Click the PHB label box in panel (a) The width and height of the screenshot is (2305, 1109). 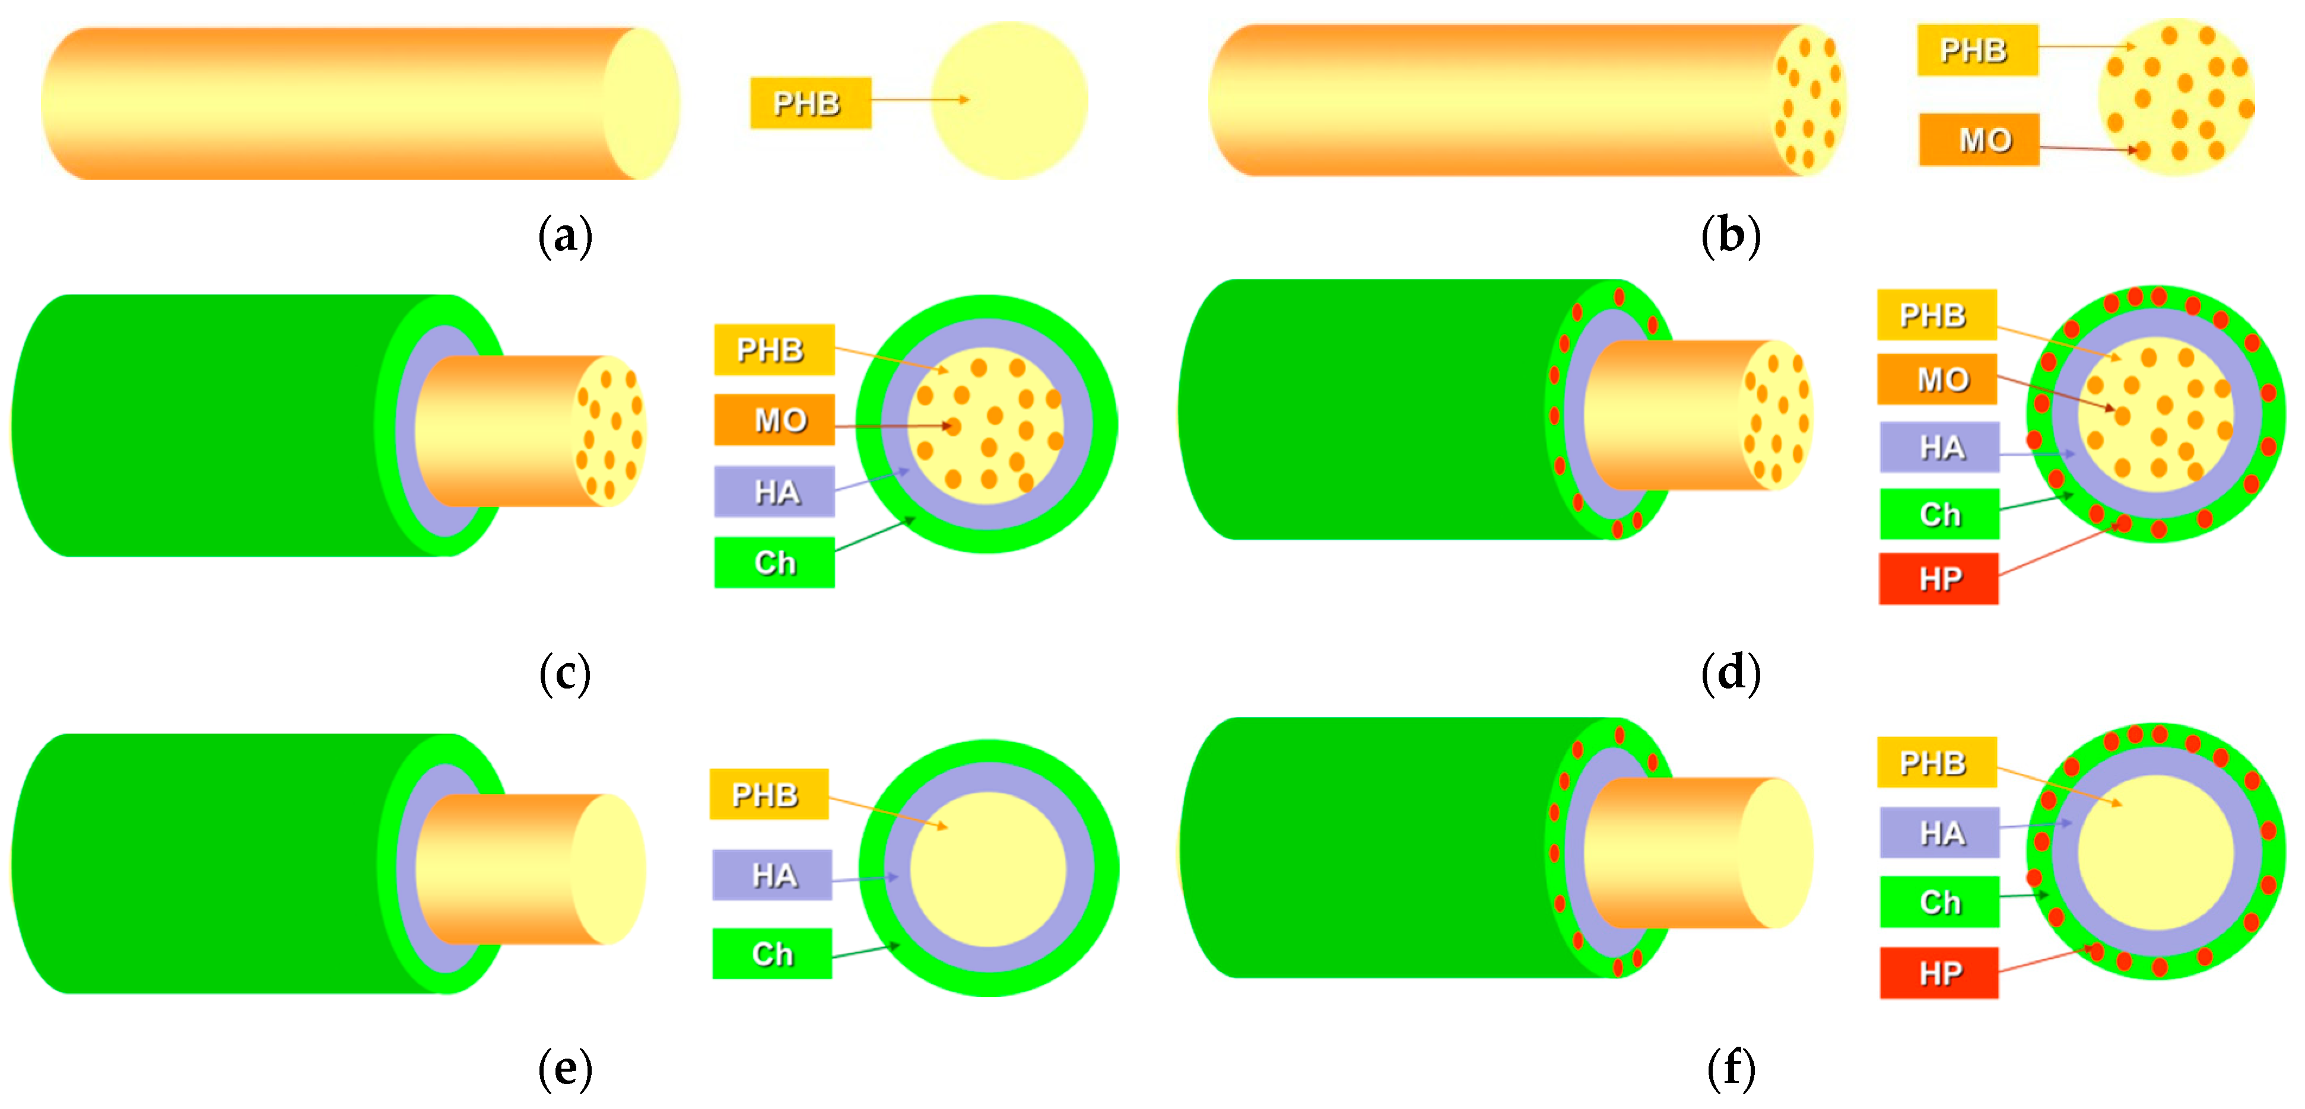(810, 103)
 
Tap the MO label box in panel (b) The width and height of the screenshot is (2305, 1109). (1979, 139)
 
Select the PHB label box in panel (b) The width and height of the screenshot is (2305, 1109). (1977, 50)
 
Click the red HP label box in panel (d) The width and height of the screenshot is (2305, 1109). (1938, 579)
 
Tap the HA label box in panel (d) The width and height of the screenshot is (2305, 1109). (1938, 447)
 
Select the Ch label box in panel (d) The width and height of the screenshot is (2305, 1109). (1938, 514)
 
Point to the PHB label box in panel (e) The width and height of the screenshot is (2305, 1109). (769, 794)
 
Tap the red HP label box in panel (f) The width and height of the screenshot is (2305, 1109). (1938, 972)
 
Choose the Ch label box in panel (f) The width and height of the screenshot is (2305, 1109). (1938, 901)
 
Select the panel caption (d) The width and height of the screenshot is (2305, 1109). (1730, 673)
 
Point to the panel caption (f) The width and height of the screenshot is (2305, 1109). (1730, 1068)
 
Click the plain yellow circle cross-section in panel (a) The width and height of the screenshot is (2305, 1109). (1009, 101)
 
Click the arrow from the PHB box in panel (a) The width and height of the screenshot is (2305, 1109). (920, 99)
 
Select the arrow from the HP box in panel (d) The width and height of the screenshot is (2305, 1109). (2058, 549)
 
